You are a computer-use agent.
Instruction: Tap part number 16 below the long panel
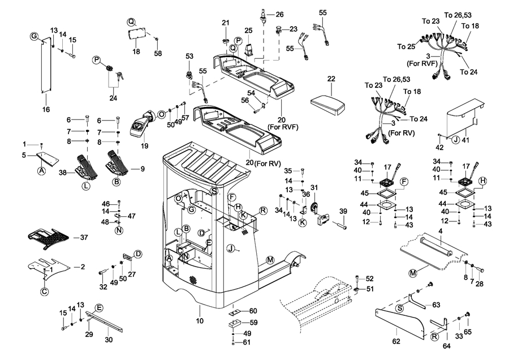(46, 109)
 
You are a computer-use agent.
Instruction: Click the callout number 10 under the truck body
(199, 322)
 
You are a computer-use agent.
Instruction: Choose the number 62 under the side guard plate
(396, 341)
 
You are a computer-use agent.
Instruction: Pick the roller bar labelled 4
(435, 247)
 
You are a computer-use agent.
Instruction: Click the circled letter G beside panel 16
(34, 37)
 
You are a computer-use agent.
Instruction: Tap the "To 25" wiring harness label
(406, 46)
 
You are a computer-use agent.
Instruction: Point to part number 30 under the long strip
(109, 340)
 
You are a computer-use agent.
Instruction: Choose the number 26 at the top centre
(279, 14)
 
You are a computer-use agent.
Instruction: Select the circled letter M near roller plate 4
(413, 273)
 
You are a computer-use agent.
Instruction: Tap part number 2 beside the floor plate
(83, 266)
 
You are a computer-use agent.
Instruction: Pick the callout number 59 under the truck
(253, 323)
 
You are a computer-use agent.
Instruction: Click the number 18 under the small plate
(136, 52)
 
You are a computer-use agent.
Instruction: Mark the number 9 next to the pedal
(143, 168)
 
